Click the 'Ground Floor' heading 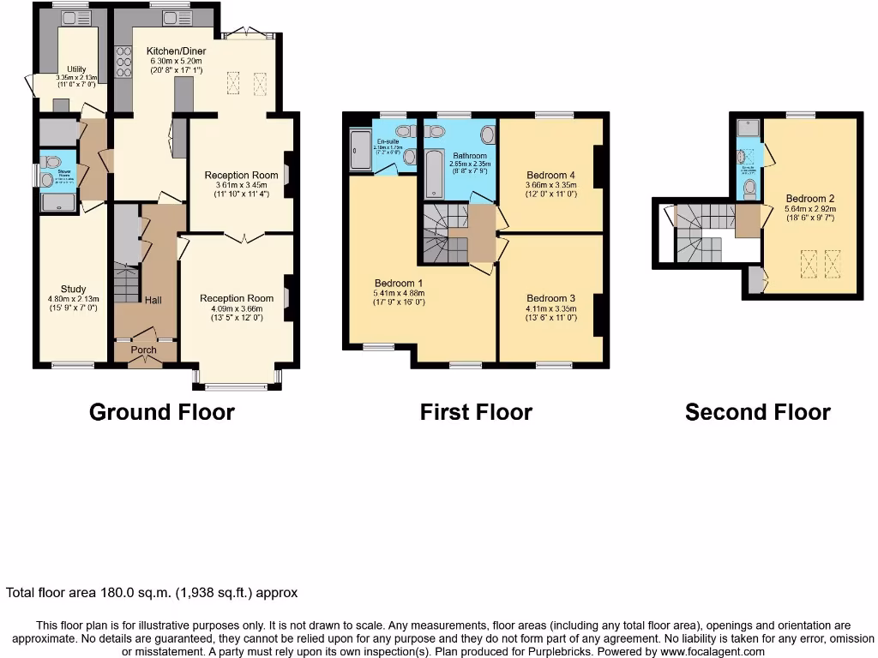[161, 412]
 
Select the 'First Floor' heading [476, 412]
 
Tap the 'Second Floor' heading [757, 412]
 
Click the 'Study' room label [73, 289]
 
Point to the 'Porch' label [144, 350]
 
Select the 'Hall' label [153, 301]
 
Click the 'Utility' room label [76, 69]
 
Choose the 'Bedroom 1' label [397, 283]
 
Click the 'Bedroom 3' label [550, 298]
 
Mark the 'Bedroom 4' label [550, 175]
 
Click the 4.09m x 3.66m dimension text [237, 308]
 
